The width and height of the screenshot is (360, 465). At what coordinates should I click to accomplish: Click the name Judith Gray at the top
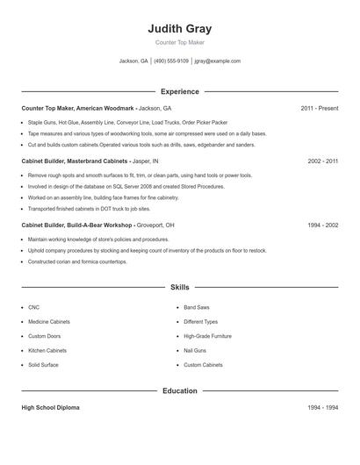click(x=180, y=29)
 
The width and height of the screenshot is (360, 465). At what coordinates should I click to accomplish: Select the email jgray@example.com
click(x=217, y=61)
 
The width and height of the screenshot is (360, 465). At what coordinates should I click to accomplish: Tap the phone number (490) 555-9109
click(x=171, y=61)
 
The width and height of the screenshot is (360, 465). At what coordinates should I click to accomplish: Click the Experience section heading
click(x=180, y=91)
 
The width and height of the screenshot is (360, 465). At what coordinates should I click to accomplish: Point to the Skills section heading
click(x=180, y=287)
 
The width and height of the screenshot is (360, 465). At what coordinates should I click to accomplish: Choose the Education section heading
click(x=180, y=390)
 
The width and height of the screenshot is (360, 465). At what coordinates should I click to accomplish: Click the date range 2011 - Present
click(x=319, y=108)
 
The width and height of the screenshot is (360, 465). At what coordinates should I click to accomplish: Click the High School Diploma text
click(x=51, y=408)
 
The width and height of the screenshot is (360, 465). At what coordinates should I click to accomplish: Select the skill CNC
click(x=33, y=308)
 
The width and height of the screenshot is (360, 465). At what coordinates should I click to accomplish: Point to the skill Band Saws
click(x=196, y=308)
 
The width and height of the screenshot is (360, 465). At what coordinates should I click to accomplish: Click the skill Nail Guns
click(x=194, y=350)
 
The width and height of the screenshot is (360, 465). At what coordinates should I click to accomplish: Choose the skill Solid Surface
click(x=43, y=364)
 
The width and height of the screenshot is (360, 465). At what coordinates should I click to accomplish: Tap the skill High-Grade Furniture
click(x=207, y=336)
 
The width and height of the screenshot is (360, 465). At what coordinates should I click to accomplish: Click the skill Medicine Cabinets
click(x=49, y=322)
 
